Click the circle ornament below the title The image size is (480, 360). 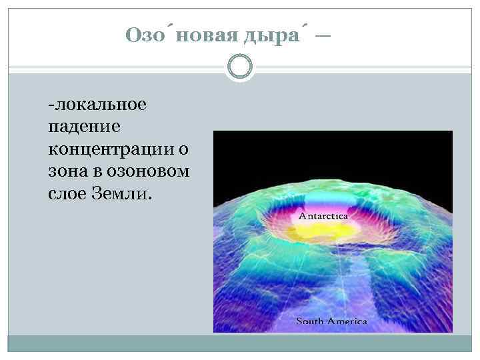(x=239, y=67)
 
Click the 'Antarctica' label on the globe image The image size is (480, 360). (x=327, y=217)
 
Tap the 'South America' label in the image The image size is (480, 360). (x=331, y=321)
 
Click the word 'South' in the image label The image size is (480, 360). (x=309, y=321)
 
